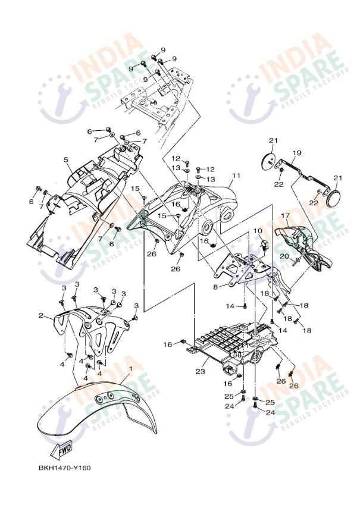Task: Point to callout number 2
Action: (x=41, y=316)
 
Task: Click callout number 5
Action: (x=66, y=159)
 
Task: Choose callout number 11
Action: (x=236, y=176)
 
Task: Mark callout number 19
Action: (x=297, y=153)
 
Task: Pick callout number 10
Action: (x=257, y=230)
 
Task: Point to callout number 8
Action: (x=215, y=286)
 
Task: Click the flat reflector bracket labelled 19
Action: (x=300, y=173)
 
